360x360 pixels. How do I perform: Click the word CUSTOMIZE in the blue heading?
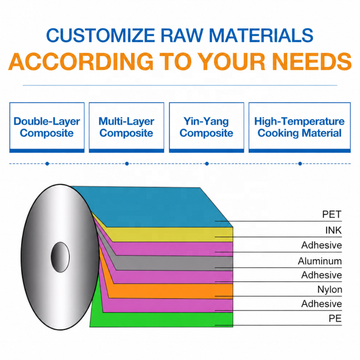(100, 35)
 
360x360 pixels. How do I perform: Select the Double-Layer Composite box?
(47, 127)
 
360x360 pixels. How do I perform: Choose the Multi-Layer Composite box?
(126, 127)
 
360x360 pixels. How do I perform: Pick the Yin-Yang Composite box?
(206, 127)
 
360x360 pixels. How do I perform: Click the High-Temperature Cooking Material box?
(300, 127)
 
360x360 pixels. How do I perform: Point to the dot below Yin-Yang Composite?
(207, 164)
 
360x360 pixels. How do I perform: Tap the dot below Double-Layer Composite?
(47, 164)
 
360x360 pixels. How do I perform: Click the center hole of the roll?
(60, 257)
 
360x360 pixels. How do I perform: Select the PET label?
(332, 214)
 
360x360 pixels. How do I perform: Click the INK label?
(333, 230)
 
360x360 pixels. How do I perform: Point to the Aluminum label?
(320, 261)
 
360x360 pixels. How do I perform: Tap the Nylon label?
(330, 289)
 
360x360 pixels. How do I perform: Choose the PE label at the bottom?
(335, 318)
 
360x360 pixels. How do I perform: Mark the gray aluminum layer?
(174, 263)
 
